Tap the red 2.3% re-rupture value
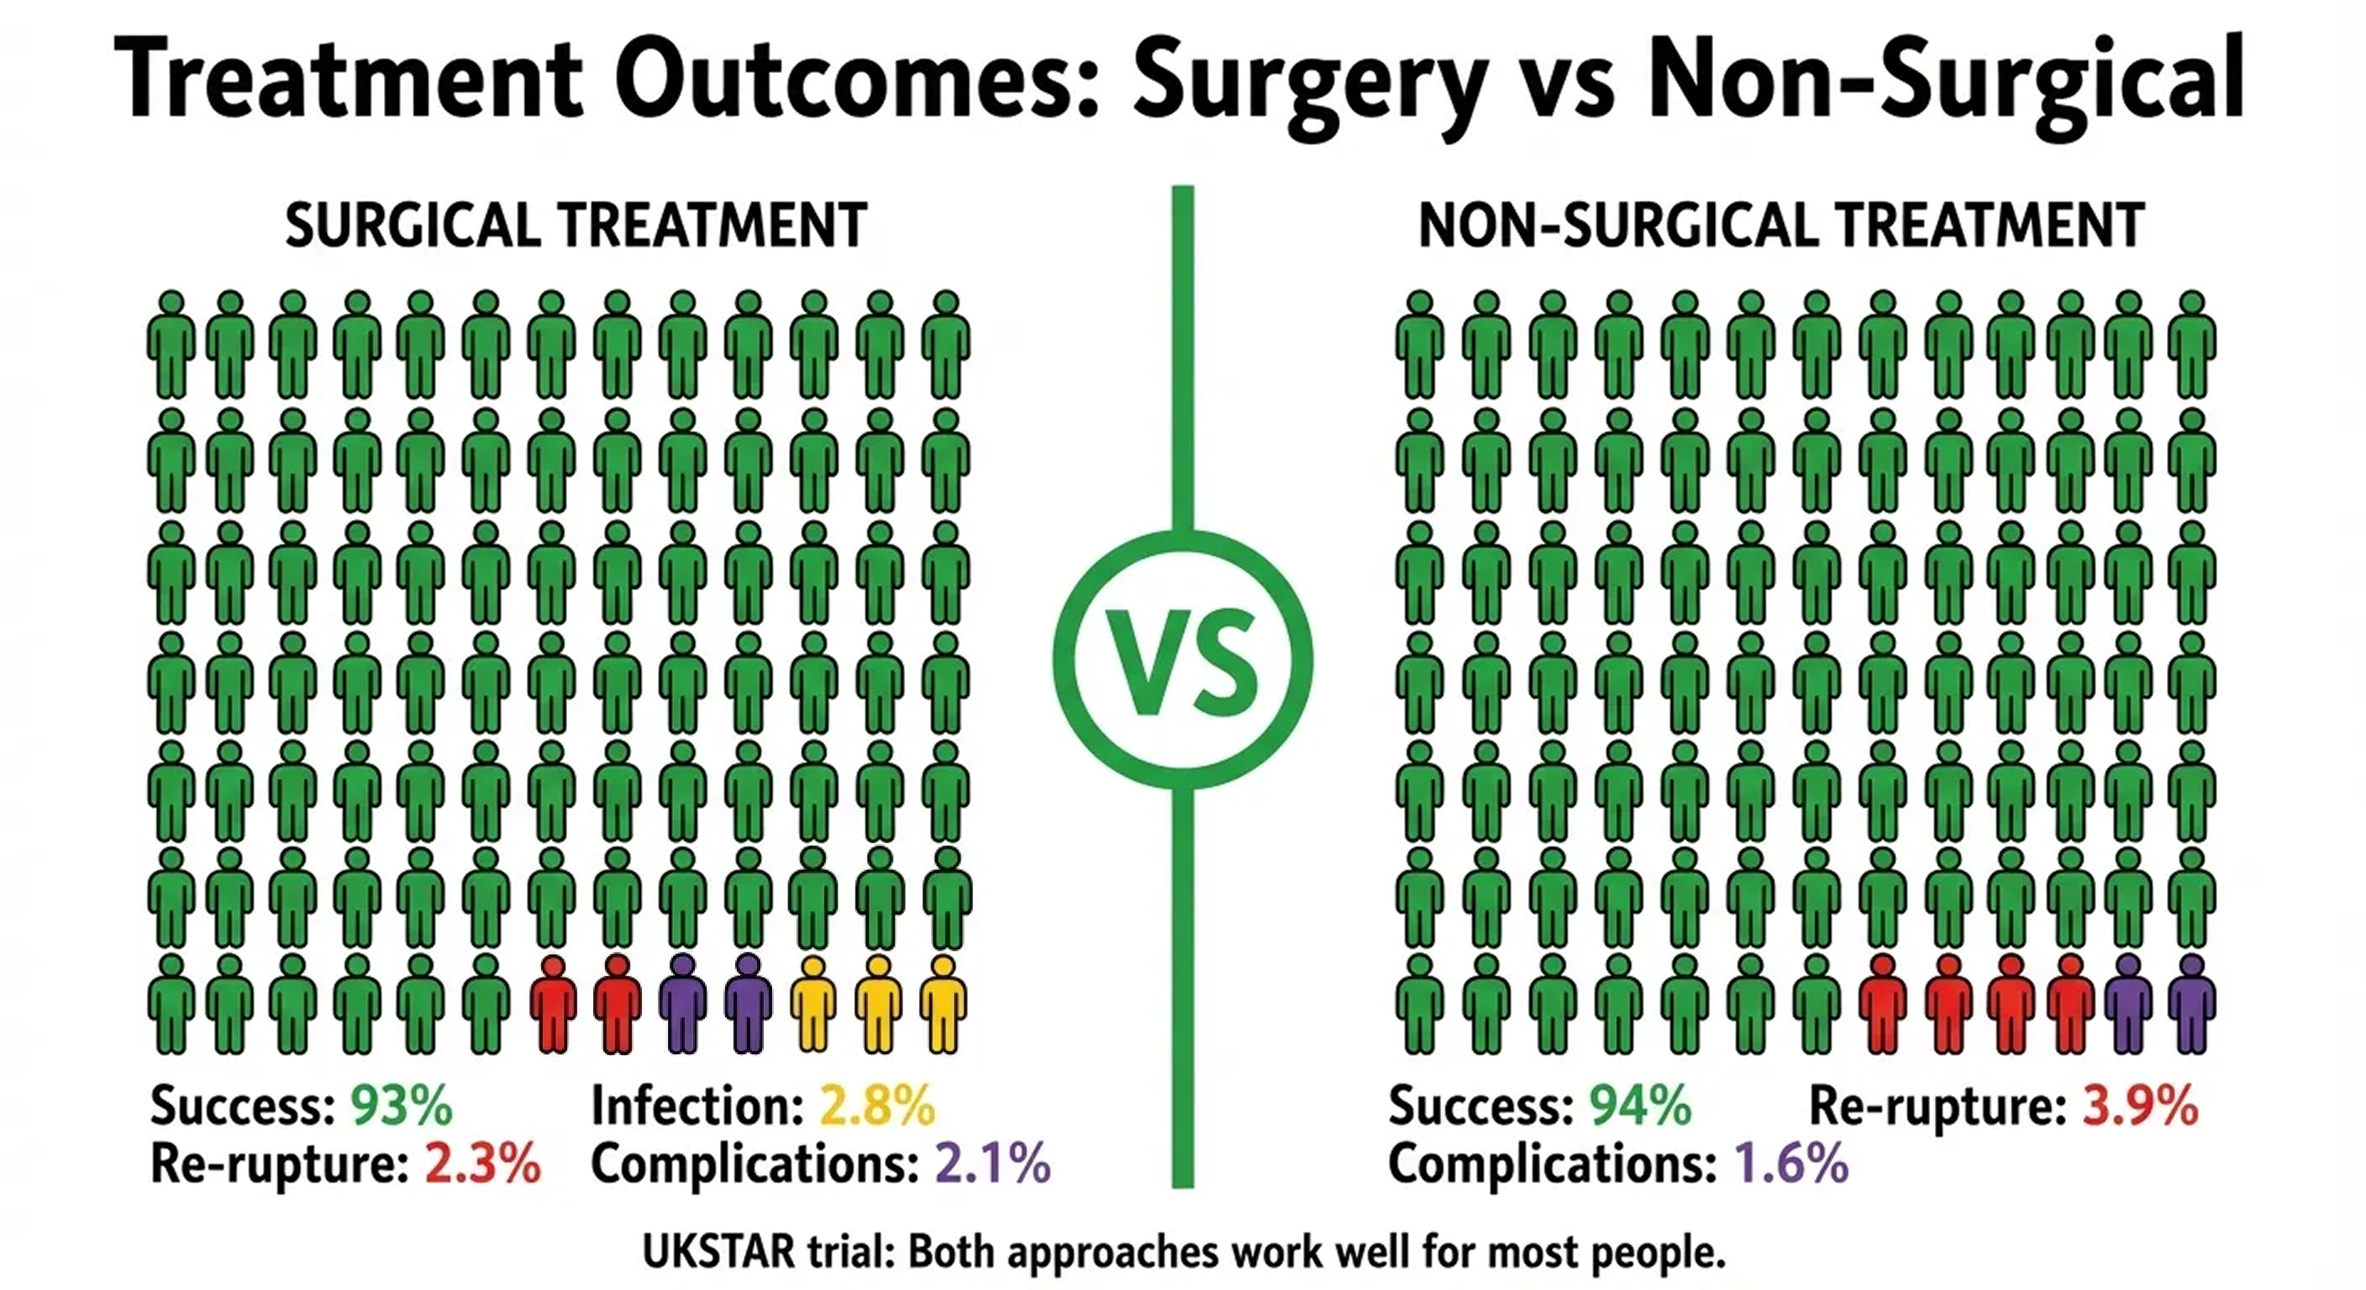point(482,1163)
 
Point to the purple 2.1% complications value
point(992,1163)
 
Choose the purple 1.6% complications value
point(1790,1163)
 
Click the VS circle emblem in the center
point(1183,660)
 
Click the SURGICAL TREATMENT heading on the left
point(576,226)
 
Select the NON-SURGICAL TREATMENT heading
point(1781,226)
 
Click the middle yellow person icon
point(879,1004)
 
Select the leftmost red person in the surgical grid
point(553,1004)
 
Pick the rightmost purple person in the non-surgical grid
point(2191,1004)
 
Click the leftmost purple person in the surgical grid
point(682,1004)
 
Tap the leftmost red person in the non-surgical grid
point(1882,1004)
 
